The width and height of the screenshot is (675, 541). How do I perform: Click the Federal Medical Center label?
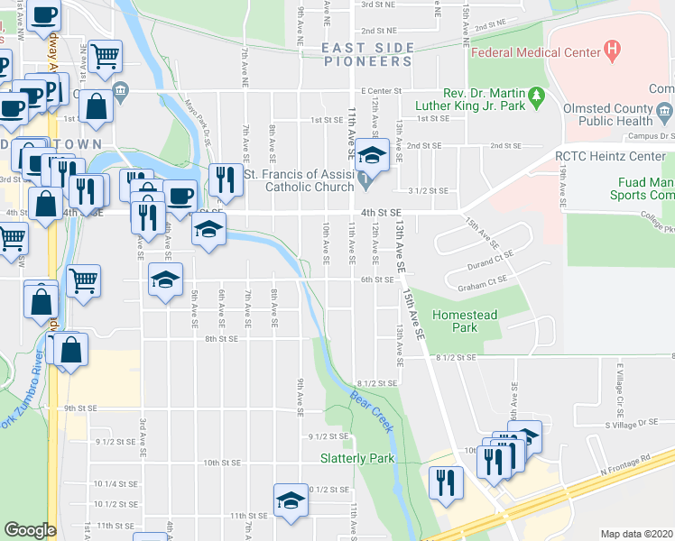535,52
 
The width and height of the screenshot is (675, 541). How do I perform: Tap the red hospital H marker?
614,47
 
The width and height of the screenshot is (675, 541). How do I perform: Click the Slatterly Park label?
357,458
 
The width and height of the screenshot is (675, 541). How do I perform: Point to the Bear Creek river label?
372,411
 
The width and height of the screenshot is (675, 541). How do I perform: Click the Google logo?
30,529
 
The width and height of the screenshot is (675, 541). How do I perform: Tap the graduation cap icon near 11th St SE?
291,500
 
